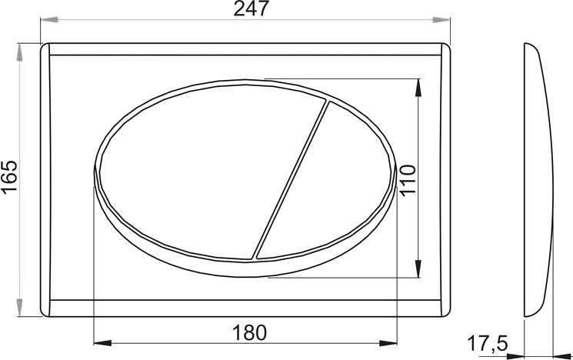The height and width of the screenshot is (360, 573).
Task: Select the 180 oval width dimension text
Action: pos(250,332)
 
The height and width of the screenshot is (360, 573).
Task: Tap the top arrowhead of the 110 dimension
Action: pos(419,85)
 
